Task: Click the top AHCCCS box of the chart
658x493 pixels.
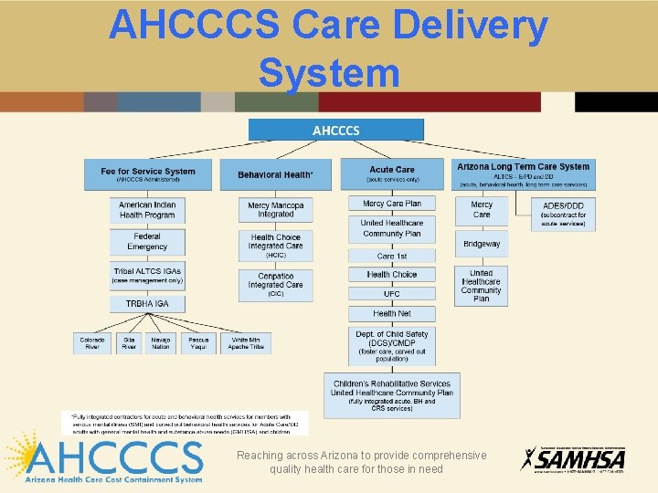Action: pos(336,130)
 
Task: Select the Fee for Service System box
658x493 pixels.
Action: pos(148,174)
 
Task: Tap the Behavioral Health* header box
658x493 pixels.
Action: pos(275,174)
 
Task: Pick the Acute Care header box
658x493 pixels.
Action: pos(391,174)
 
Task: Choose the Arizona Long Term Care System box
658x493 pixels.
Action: pos(524,174)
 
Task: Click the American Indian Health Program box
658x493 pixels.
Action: pos(147,210)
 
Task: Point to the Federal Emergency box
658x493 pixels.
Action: pos(147,242)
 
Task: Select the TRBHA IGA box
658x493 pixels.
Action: pos(147,304)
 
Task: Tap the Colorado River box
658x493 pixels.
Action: pos(91,343)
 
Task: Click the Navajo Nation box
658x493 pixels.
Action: pos(161,343)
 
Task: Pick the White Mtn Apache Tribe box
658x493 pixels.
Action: pos(246,343)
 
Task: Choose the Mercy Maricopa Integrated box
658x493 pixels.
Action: pos(275,210)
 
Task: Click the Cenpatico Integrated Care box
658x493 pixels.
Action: pos(275,285)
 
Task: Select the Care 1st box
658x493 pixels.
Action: pos(391,256)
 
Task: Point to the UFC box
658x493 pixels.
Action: pos(391,294)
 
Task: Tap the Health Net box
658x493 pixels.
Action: pos(391,313)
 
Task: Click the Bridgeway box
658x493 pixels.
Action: pos(482,244)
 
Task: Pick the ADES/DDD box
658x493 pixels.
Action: pos(563,212)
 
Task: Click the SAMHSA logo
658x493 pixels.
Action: pos(573,459)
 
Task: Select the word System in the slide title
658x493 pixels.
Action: pos(329,72)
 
